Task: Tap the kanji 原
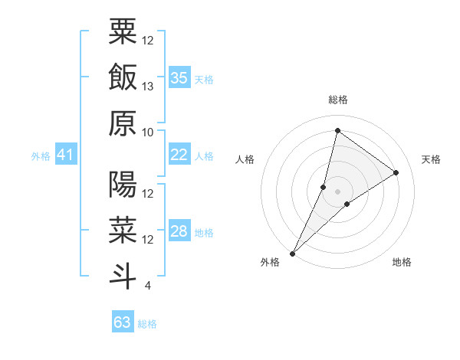click(123, 123)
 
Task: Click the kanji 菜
click(123, 230)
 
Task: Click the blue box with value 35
click(179, 77)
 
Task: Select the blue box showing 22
click(179, 155)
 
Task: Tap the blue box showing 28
click(179, 232)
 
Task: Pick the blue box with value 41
click(65, 155)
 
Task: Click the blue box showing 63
click(122, 322)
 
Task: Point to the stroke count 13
click(148, 86)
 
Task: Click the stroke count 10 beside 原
click(148, 132)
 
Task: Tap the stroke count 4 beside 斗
click(147, 286)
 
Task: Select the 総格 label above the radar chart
click(337, 100)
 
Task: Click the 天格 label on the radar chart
click(431, 159)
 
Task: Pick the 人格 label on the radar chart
click(245, 159)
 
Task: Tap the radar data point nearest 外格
click(292, 253)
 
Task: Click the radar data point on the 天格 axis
click(396, 173)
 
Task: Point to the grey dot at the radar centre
click(337, 191)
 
